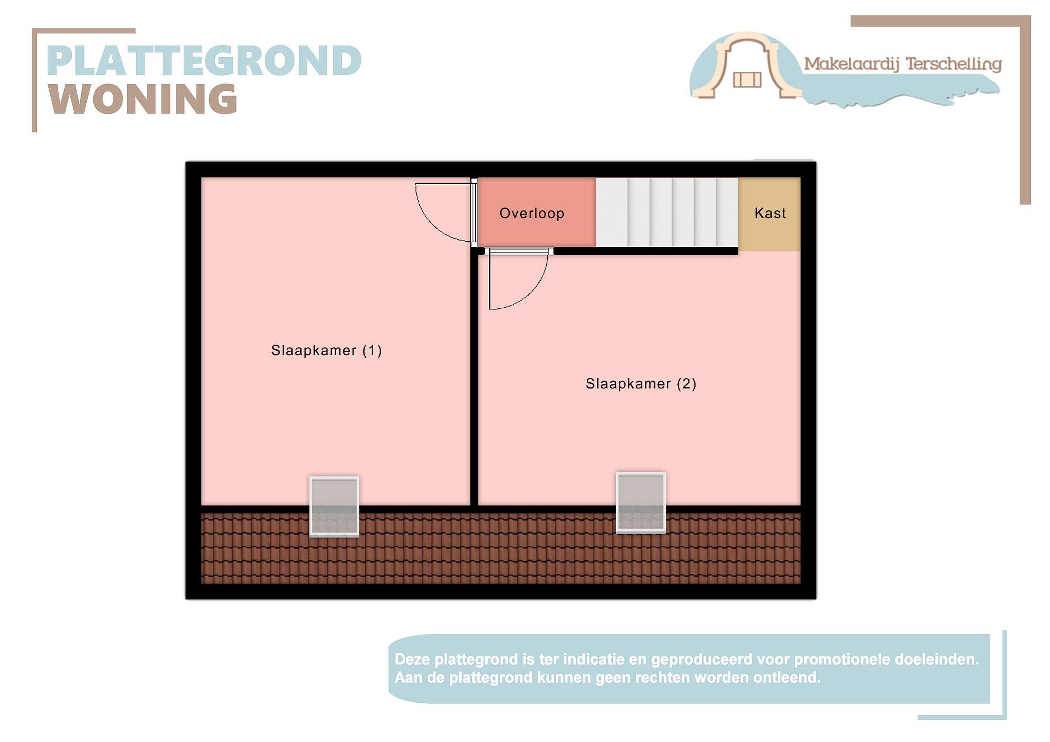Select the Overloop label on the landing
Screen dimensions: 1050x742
532,214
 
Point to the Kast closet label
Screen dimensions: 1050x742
770,213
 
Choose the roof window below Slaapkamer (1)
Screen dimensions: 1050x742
334,507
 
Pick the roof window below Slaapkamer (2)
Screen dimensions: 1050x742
641,503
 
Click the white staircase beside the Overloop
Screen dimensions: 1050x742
667,212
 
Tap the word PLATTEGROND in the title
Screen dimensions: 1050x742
204,61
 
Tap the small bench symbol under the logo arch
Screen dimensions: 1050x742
747,80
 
